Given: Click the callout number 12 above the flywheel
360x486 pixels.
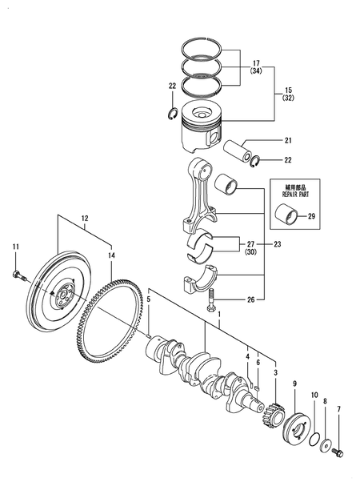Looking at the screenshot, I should (x=84, y=217).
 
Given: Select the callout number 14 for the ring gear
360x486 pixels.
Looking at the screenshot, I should (x=111, y=255).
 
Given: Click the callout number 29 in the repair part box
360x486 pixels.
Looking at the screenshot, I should (x=312, y=217).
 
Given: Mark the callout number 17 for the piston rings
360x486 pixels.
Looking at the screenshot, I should (x=255, y=62).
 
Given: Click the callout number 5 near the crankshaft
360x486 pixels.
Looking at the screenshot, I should (x=149, y=299).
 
